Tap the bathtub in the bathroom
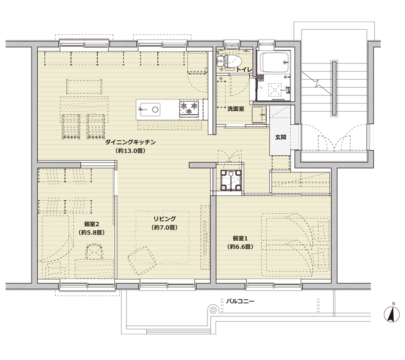[274, 63]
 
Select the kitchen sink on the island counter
[149, 109]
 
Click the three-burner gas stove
[189, 108]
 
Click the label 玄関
[280, 137]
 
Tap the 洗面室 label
[235, 109]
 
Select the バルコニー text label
[240, 301]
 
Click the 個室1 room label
[240, 238]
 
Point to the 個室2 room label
[92, 224]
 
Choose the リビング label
[165, 219]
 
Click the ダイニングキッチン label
[130, 142]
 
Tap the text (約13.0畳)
[130, 151]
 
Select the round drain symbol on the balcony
[213, 310]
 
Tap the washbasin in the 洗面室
[259, 114]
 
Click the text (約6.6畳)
[240, 247]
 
